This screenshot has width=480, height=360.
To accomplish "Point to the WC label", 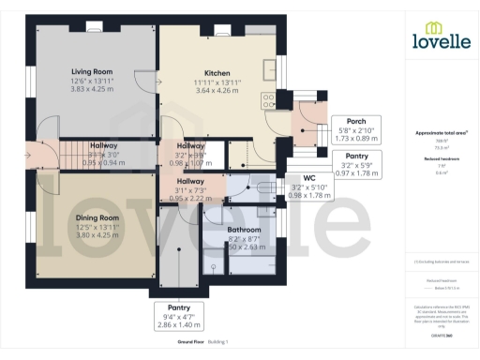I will (309, 177).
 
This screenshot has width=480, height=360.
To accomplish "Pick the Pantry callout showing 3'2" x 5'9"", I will (356, 156).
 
